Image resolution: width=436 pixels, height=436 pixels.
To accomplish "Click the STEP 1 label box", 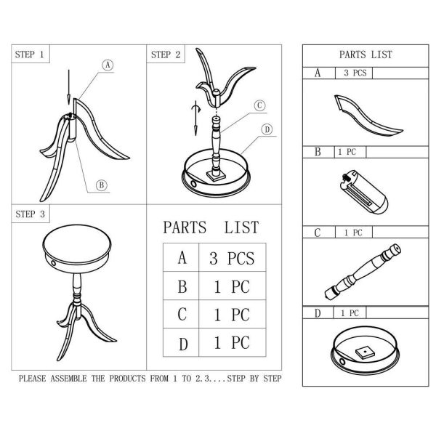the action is (31, 54).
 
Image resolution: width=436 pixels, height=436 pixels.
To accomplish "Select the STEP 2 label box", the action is (166, 54).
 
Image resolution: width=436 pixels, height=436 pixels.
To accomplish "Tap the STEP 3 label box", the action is (31, 214).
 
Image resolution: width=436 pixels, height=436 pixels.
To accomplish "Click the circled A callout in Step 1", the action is (108, 65).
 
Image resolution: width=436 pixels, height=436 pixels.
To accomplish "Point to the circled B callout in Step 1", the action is (102, 185).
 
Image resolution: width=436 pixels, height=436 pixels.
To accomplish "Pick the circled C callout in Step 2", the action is (259, 105).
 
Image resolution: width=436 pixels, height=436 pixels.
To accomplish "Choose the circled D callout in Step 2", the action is (267, 129).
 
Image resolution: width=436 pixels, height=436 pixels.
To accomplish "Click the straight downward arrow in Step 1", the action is (69, 87).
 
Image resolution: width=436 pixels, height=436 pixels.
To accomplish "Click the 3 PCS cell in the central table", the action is (232, 258).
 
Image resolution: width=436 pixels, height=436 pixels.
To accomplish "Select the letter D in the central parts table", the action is (183, 344).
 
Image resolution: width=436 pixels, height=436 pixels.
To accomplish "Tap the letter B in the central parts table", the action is (182, 287).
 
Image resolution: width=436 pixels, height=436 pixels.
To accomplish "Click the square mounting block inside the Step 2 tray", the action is (216, 176).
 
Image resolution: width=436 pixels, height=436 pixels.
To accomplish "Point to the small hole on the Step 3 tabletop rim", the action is (53, 263).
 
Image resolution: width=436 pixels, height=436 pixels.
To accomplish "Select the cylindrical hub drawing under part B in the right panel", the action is (364, 192).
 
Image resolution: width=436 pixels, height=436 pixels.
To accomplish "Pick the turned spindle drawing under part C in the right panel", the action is (363, 272).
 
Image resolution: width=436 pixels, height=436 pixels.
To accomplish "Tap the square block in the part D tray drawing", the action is (365, 352).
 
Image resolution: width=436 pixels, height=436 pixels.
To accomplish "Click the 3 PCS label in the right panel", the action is (355, 73).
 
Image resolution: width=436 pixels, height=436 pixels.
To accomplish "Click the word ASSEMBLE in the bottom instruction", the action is (68, 379).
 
